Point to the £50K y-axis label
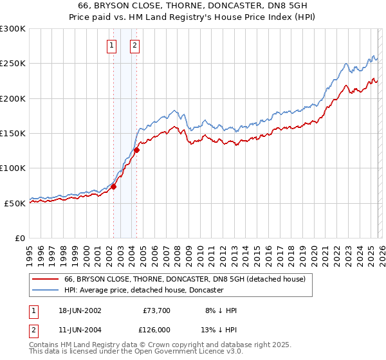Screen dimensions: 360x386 pos(15,203)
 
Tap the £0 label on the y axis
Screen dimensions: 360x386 pos(20,238)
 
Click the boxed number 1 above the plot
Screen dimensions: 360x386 pos(112,45)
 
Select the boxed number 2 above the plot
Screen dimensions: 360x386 pos(134,45)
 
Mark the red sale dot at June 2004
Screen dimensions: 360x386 pos(136,150)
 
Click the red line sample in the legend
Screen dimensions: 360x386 pos(46,279)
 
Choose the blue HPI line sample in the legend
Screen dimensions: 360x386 pos(46,290)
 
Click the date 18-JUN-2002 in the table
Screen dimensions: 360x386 pos(80,310)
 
